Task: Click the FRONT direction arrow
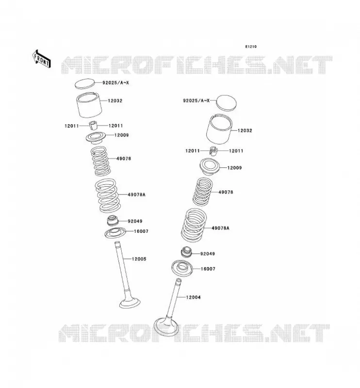pyautogui.click(x=42, y=59)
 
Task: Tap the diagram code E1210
pyautogui.click(x=251, y=47)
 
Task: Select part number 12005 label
pyautogui.click(x=139, y=259)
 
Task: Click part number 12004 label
pyautogui.click(x=193, y=297)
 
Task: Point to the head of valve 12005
pyautogui.click(x=130, y=303)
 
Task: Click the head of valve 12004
pyautogui.click(x=166, y=326)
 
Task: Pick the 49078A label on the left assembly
pyautogui.click(x=136, y=195)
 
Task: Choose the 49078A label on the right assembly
pyautogui.click(x=220, y=228)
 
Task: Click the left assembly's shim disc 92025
pyautogui.click(x=85, y=83)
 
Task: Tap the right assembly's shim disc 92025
pyautogui.click(x=226, y=103)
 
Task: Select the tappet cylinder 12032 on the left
pyautogui.click(x=89, y=105)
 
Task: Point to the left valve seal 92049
pyautogui.click(x=113, y=221)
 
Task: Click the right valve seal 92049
pyautogui.click(x=187, y=252)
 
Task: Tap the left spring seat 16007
pyautogui.click(x=115, y=233)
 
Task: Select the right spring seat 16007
pyautogui.click(x=182, y=268)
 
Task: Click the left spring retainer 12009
pyautogui.click(x=96, y=137)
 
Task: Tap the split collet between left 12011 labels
pyautogui.click(x=93, y=126)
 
